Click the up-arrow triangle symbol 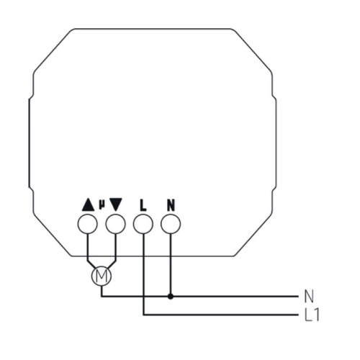click(88, 204)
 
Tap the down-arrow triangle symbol click(116, 204)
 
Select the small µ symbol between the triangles click(102, 204)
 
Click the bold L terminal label click(143, 205)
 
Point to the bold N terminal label click(171, 205)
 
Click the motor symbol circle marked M click(102, 276)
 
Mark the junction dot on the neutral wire click(171, 297)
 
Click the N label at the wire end click(309, 297)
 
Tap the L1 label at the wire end click(312, 315)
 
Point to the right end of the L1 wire click(298, 315)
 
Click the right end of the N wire click(298, 297)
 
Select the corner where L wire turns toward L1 click(143, 315)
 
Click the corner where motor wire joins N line click(102, 297)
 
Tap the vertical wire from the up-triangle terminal click(88, 247)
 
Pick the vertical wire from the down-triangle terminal click(116, 247)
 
